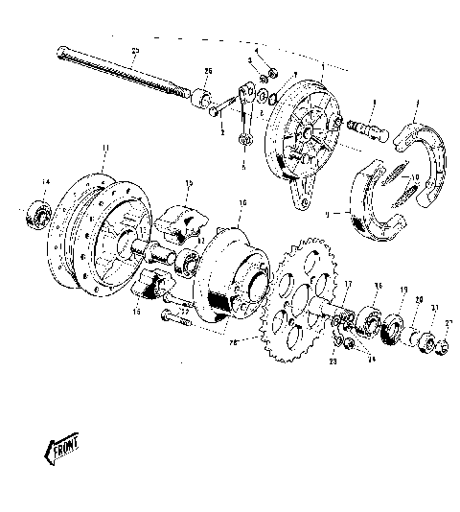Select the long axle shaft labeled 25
click(125, 71)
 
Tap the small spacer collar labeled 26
click(202, 98)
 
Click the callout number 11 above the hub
click(105, 148)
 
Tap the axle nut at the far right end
click(444, 341)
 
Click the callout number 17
click(349, 284)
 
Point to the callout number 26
click(208, 72)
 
